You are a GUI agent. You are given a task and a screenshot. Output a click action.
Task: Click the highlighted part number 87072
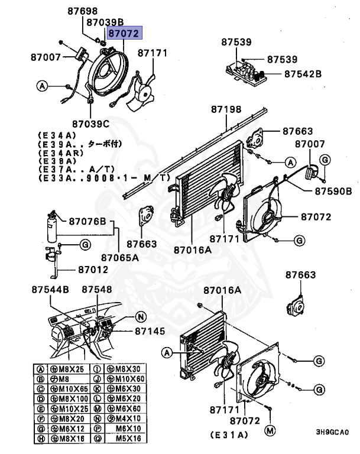point(124,34)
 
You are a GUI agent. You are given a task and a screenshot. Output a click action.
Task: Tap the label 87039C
point(91,124)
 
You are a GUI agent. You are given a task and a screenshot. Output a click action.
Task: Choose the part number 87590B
point(333,191)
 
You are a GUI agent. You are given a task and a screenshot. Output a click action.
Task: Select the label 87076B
point(87,222)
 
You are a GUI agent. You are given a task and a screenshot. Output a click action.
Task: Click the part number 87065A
point(119,257)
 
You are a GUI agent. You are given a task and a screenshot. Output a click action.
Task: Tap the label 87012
point(93,270)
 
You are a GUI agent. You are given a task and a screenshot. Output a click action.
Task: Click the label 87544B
point(50,290)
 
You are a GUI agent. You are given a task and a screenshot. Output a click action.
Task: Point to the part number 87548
point(96,290)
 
